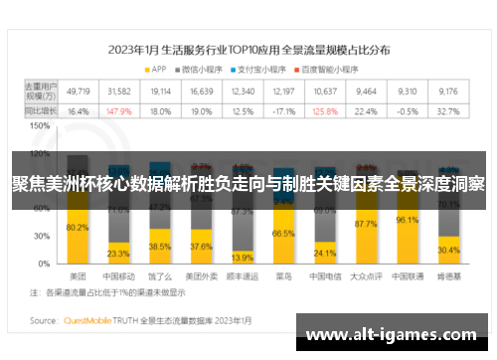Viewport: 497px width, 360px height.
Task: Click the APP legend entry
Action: click(156, 69)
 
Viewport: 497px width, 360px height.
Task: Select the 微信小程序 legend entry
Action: click(204, 69)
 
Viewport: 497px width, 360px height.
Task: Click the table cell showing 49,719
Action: click(78, 91)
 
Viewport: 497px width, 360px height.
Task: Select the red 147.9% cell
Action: click(118, 111)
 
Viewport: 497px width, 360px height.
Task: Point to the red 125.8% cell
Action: click(324, 111)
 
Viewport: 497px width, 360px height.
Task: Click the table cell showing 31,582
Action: click(118, 91)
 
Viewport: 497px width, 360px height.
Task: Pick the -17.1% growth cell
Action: click(284, 111)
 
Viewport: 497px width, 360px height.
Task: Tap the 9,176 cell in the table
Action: click(448, 91)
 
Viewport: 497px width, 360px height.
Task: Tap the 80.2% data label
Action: click(78, 228)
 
